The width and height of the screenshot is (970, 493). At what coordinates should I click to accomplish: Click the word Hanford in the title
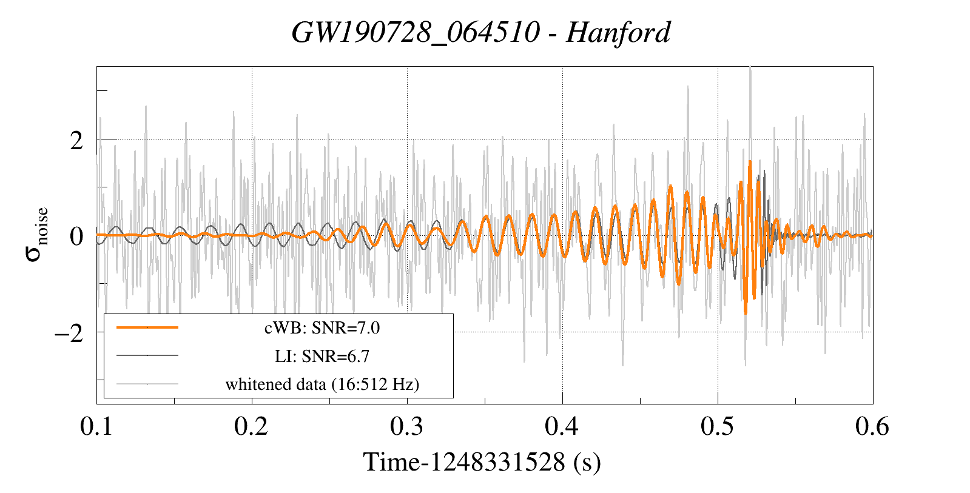point(618,32)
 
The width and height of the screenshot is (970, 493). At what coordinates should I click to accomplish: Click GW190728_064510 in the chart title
point(415,32)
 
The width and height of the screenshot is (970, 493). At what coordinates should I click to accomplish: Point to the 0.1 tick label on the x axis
point(97,426)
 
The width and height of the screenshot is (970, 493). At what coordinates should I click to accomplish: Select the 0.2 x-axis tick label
point(251,426)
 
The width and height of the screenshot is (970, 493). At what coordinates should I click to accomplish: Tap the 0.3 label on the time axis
point(406,426)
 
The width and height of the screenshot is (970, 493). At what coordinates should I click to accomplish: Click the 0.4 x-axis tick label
point(562,426)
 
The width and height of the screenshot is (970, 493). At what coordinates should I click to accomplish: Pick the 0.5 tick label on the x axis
point(717,426)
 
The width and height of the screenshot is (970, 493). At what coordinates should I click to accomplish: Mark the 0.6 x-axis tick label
point(872,426)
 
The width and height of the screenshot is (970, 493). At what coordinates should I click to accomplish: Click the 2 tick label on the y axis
point(76,141)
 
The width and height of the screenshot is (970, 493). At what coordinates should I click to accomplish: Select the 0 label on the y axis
point(76,236)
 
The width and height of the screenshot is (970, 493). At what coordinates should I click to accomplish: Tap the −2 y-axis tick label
point(69,333)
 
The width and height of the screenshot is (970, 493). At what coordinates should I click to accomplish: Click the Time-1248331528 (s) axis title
point(482,462)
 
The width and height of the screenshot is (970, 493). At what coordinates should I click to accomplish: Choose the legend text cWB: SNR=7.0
point(322,328)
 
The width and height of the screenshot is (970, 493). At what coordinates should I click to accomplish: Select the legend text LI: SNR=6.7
point(322,356)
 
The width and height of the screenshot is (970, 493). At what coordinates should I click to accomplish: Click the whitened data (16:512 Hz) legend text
point(322,384)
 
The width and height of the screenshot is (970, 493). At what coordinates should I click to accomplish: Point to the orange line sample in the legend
point(147,327)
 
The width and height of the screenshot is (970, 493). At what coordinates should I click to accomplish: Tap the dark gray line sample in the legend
point(147,355)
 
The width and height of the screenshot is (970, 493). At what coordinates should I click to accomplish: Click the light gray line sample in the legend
point(147,383)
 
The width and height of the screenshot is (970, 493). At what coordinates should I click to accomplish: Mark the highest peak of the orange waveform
point(750,161)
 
